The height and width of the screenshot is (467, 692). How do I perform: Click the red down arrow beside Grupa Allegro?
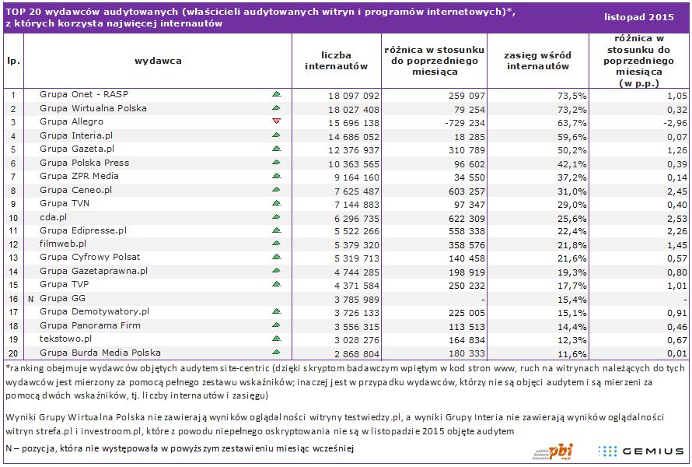click(276, 122)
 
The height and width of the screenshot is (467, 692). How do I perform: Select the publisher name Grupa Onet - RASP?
click(83, 94)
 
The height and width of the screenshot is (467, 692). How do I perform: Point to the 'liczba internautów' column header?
click(336, 60)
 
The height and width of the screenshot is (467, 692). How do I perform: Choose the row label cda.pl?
click(54, 216)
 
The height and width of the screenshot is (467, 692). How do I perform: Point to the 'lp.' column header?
click(13, 60)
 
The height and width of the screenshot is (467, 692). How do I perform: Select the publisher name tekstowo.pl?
click(65, 339)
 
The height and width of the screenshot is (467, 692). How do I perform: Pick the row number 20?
click(13, 353)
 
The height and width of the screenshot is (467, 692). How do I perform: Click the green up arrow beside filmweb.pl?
click(276, 244)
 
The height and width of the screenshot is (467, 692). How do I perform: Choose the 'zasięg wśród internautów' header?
click(538, 60)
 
